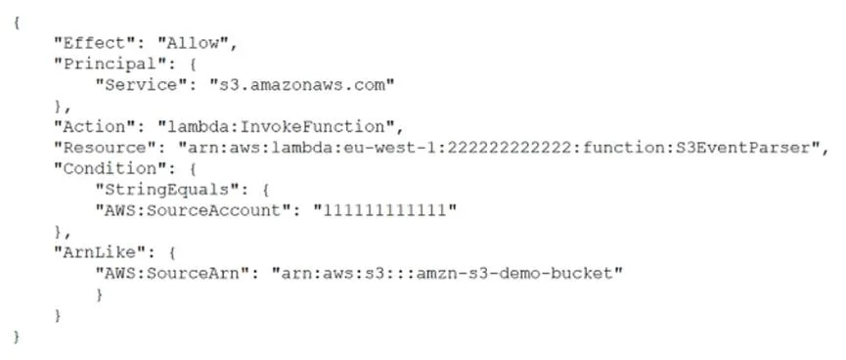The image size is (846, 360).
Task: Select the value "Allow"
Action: point(192,44)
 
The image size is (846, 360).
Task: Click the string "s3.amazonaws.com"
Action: point(302,85)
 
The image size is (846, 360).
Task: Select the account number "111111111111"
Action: point(384,210)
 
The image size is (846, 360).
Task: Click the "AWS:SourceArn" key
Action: point(177,274)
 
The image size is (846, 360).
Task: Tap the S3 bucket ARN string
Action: point(447,274)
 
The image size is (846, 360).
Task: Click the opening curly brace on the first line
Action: point(17,23)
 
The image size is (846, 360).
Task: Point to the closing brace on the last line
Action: point(17,337)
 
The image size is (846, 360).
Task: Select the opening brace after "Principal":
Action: point(193,65)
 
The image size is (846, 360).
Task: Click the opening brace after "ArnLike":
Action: point(172,252)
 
